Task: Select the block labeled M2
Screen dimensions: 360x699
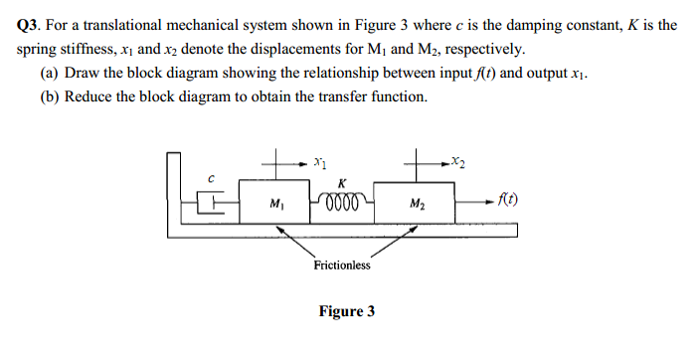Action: [418, 206]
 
